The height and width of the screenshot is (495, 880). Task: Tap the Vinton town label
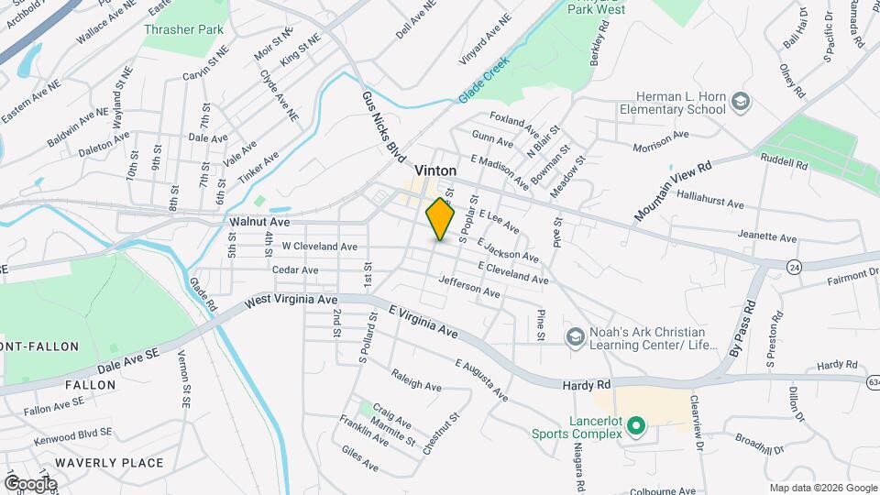pyautogui.click(x=435, y=170)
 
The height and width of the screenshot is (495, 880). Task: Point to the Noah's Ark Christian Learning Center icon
pyautogui.click(x=575, y=337)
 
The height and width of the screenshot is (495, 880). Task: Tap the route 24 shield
pyautogui.click(x=795, y=266)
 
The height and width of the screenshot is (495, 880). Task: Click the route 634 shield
pyautogui.click(x=872, y=379)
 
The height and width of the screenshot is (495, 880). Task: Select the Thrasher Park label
pyautogui.click(x=183, y=29)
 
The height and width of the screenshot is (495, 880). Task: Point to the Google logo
pyautogui.click(x=29, y=484)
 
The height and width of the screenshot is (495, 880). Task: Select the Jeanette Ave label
pyautogui.click(x=767, y=237)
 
